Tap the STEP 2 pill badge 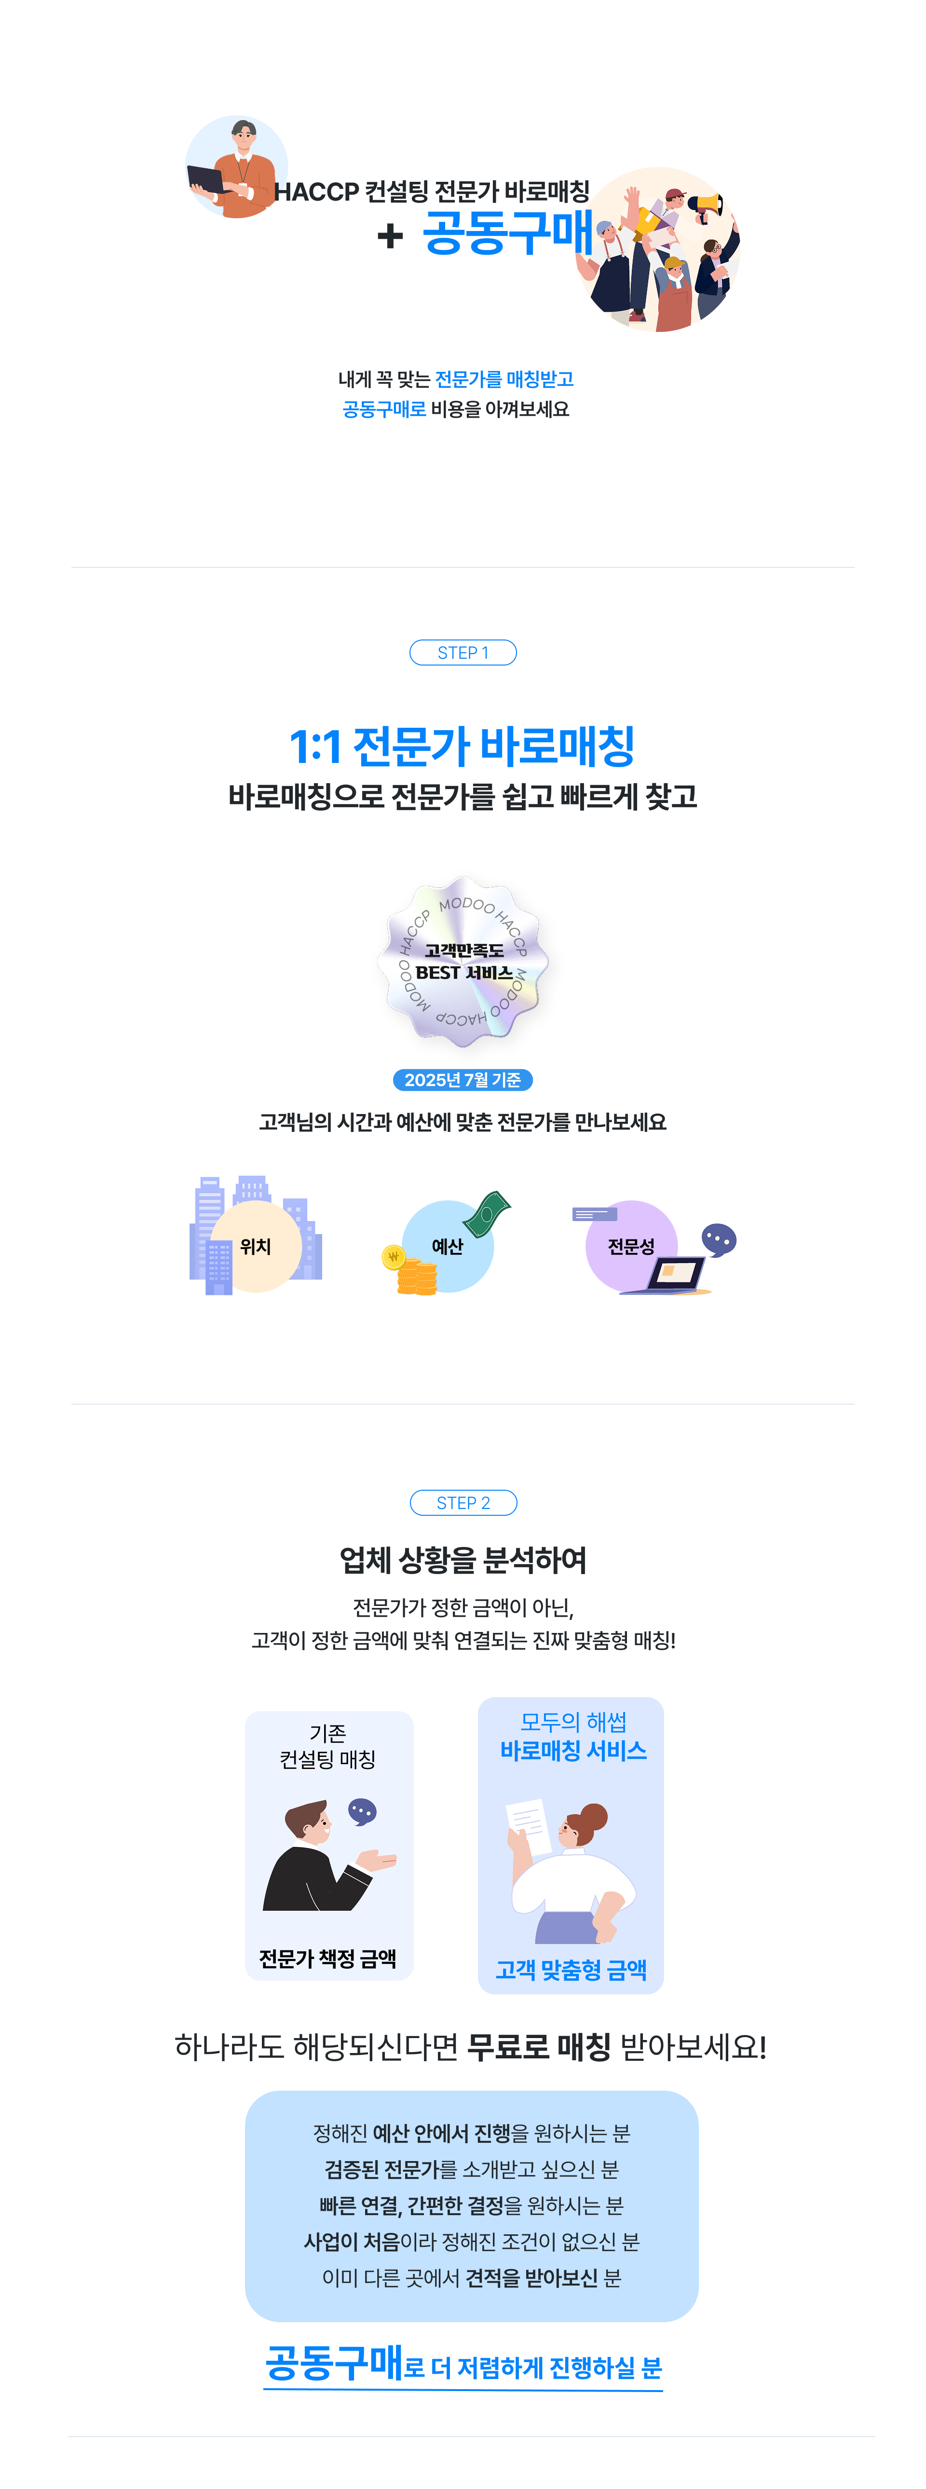[x=463, y=1502]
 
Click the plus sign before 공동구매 [x=390, y=235]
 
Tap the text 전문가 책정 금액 [x=327, y=1959]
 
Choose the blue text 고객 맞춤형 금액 [x=571, y=1970]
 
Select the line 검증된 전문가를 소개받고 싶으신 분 [x=472, y=2169]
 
